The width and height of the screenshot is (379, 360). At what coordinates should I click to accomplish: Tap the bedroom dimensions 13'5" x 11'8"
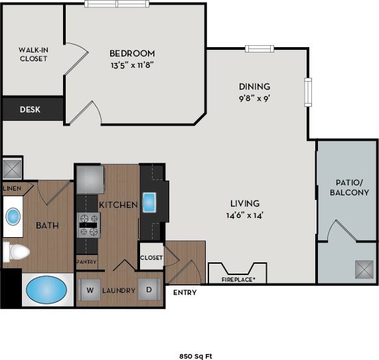(132, 64)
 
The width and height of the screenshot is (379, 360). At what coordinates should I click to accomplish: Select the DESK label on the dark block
(30, 110)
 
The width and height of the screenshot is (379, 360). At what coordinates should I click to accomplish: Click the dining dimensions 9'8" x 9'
(254, 97)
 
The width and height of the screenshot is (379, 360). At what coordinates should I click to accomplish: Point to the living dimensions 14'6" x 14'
(244, 215)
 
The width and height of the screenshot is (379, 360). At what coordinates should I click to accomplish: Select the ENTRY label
(185, 292)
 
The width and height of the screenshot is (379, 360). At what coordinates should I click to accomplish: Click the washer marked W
(89, 289)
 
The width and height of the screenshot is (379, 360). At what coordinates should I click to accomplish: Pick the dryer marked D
(149, 289)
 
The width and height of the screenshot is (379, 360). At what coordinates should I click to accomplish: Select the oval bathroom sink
(13, 217)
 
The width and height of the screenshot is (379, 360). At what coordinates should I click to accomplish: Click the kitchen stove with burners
(88, 225)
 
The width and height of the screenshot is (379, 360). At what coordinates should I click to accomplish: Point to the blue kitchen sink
(149, 201)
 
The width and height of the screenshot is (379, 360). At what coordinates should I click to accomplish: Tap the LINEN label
(11, 189)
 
